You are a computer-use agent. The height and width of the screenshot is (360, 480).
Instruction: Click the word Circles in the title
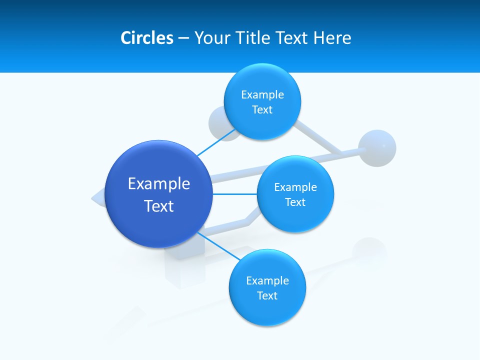point(146,38)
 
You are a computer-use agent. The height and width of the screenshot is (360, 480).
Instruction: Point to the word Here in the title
point(332,38)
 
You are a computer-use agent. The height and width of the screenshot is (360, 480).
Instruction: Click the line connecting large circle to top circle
point(216,141)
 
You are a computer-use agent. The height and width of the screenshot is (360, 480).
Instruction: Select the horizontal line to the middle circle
point(235,194)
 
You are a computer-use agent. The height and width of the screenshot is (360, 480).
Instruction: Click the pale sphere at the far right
point(377,148)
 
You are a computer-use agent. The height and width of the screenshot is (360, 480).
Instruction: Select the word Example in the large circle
point(159,184)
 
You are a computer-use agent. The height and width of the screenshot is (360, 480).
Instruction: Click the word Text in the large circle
point(159,206)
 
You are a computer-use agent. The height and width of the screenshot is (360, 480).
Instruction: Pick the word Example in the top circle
point(262,95)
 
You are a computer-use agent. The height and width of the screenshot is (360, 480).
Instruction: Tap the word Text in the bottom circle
point(267,296)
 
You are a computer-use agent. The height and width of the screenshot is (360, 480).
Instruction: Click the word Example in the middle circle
point(295,187)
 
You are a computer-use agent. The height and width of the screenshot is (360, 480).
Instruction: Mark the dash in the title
point(183,38)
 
